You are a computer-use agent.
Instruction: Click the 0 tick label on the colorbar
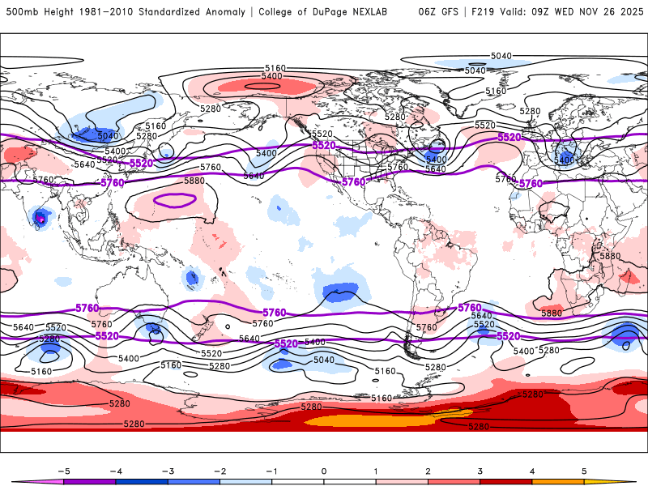pyautogui.click(x=324, y=470)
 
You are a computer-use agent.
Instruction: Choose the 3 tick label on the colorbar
pyautogui.click(x=480, y=470)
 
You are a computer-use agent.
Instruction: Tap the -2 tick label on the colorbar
pyautogui.click(x=220, y=470)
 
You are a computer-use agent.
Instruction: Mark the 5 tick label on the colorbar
pyautogui.click(x=585, y=470)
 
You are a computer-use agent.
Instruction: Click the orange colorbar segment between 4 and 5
pyautogui.click(x=559, y=481)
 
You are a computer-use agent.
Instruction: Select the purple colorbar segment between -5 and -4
pyautogui.click(x=89, y=481)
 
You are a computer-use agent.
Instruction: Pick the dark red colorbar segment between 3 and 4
pyautogui.click(x=506, y=481)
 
